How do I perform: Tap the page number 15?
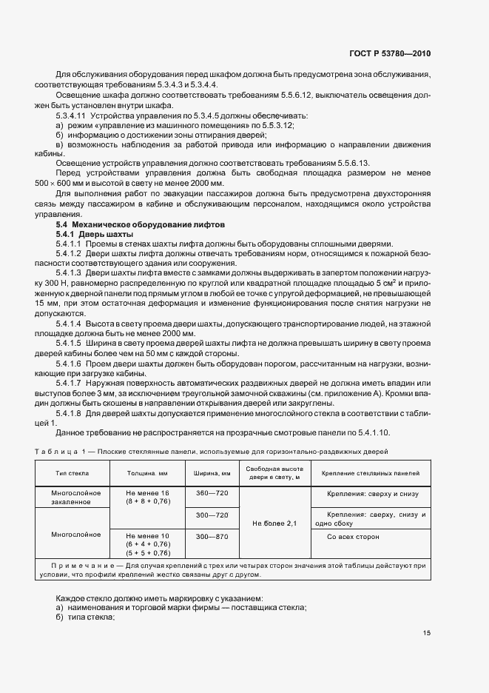(x=427, y=632)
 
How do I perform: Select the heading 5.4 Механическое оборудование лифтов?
(x=141, y=224)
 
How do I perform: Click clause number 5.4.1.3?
(x=70, y=272)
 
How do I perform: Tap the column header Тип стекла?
(x=71, y=472)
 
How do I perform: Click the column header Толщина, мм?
(x=149, y=472)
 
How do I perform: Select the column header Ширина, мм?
(x=212, y=472)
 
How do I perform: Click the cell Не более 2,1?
(x=274, y=523)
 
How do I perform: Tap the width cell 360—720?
(x=212, y=492)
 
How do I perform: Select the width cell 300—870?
(x=212, y=535)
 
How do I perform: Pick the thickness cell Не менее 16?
(x=148, y=492)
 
